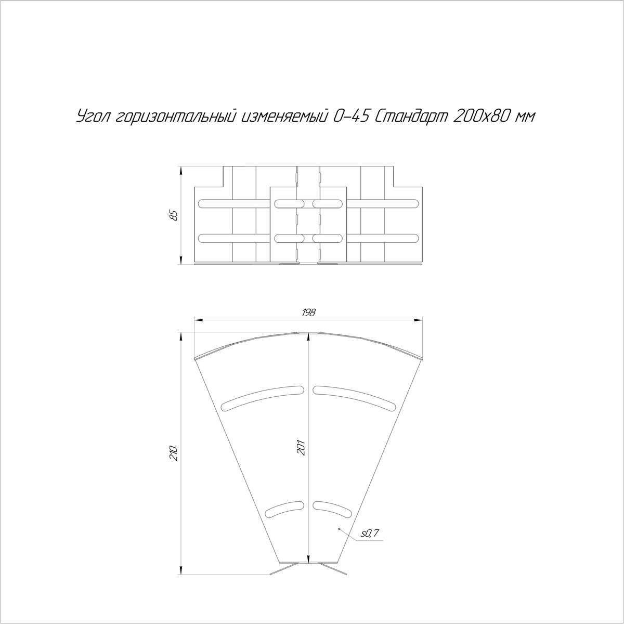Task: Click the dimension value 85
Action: [174, 215]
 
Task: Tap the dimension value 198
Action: [308, 313]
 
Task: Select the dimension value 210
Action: [174, 453]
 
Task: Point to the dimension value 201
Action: [302, 448]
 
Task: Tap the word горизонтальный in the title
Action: [175, 117]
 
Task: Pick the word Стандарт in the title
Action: [410, 117]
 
